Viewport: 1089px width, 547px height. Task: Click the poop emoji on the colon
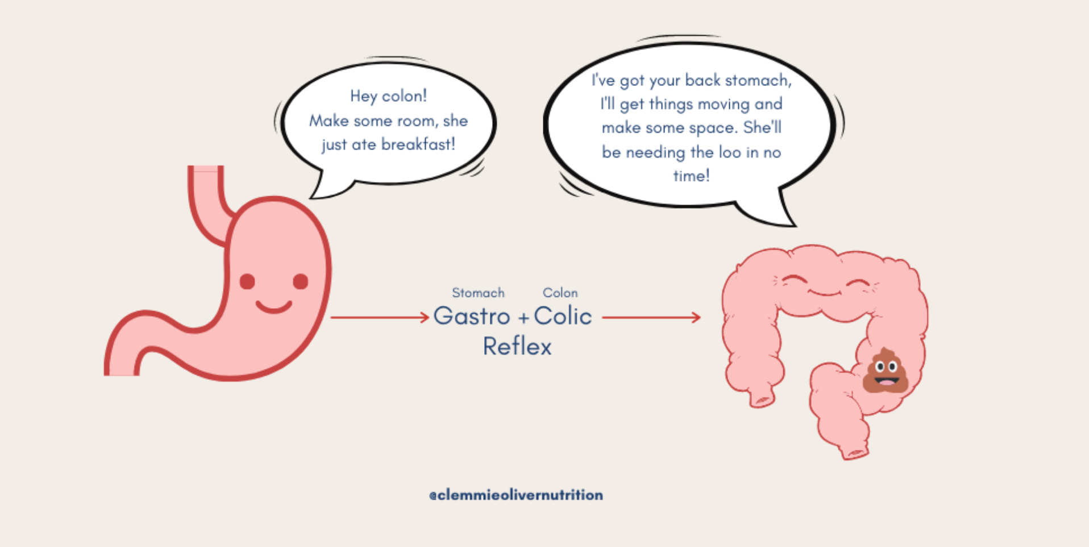coord(884,371)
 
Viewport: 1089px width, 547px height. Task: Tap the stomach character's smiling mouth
coord(273,307)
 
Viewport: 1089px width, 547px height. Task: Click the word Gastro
coord(471,316)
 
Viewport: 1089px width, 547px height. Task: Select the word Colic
coord(563,316)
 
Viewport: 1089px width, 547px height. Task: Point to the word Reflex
coord(517,346)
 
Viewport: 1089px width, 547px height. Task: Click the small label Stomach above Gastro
coord(478,293)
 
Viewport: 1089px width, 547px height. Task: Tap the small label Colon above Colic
coord(560,293)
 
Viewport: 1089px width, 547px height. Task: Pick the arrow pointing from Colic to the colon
coord(651,317)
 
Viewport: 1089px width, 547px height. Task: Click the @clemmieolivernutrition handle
coord(516,495)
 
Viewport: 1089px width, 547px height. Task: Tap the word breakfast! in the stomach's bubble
coord(418,144)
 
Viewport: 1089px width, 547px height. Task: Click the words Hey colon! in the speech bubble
coord(388,96)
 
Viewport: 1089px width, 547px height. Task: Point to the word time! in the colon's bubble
coord(691,176)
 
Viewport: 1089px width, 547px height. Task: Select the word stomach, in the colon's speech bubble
coord(758,80)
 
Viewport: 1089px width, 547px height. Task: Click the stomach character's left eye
coord(247,281)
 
